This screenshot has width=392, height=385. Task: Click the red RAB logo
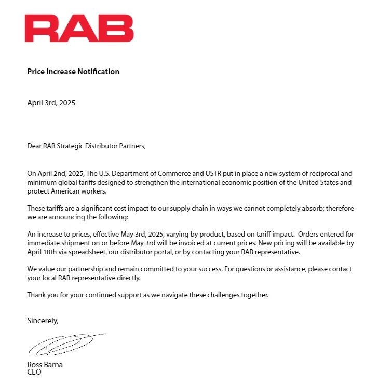[79, 29]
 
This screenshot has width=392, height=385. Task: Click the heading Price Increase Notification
[73, 72]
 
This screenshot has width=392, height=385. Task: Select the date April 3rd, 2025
[51, 103]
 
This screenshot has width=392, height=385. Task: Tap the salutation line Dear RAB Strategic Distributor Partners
[86, 146]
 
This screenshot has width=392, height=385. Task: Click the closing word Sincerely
[43, 321]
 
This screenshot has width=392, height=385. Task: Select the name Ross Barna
[45, 365]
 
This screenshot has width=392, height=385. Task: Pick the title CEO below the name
[34, 372]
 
